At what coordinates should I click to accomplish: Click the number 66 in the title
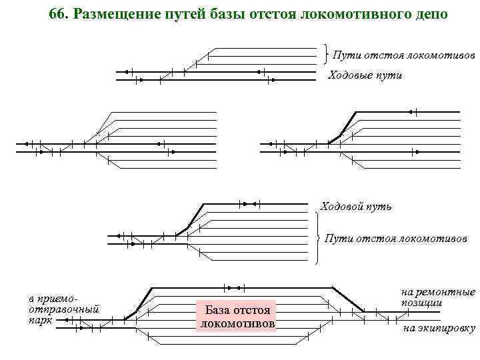(x=59, y=14)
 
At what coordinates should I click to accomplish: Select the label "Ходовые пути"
(x=366, y=75)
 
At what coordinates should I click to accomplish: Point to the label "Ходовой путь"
(x=356, y=206)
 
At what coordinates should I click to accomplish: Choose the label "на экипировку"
(x=439, y=328)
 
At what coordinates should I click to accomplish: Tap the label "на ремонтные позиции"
(x=438, y=297)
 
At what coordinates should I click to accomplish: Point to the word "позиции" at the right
(x=422, y=303)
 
